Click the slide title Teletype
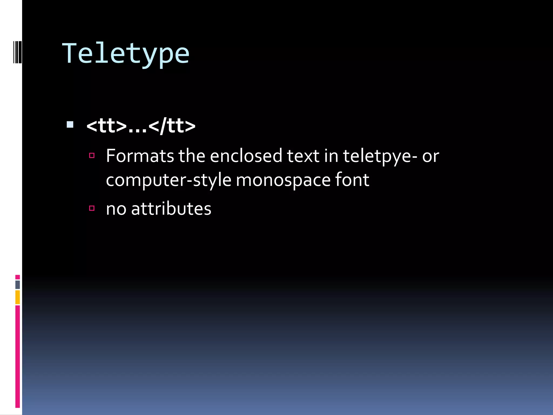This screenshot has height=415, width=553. [x=126, y=54]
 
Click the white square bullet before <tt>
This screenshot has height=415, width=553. [x=70, y=124]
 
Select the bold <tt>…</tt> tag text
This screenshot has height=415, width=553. [x=141, y=126]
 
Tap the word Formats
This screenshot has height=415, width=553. [x=140, y=156]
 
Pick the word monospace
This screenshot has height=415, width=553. [x=283, y=180]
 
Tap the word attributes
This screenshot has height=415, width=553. [x=171, y=209]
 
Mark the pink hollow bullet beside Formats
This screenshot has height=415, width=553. [x=92, y=155]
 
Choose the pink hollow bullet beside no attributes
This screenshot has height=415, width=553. [x=92, y=208]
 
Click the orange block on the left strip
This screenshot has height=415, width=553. [x=18, y=297]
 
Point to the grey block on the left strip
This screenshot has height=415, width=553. [x=18, y=285]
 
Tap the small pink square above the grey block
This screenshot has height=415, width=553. [x=18, y=277]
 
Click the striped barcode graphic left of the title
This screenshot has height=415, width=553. [x=18, y=52]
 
